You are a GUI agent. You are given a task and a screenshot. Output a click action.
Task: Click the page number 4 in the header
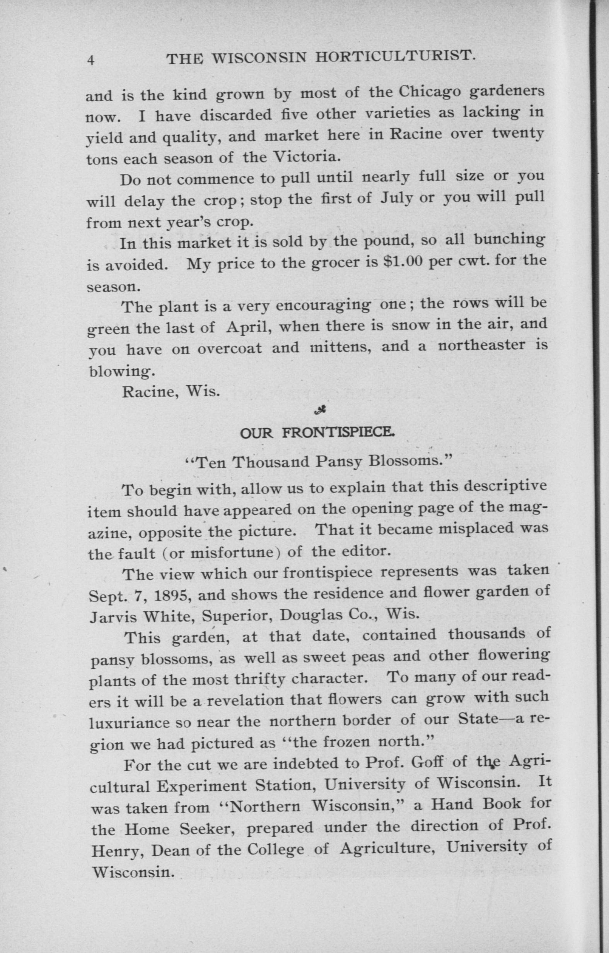tap(91, 61)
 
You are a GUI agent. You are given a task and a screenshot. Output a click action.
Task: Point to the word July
tap(397, 197)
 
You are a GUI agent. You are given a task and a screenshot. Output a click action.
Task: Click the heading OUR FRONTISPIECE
tap(317, 433)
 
